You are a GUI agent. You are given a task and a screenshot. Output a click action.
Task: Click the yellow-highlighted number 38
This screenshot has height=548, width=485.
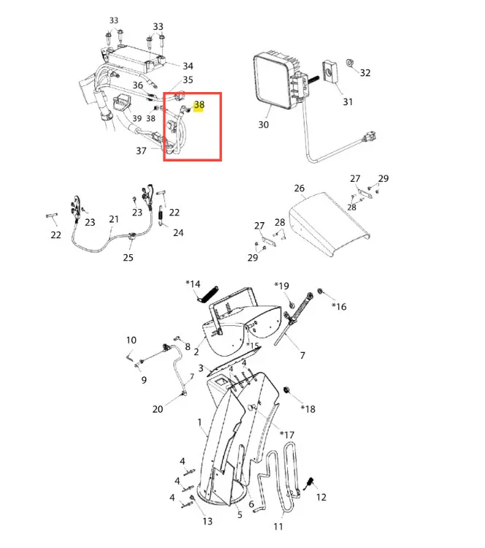click(199, 105)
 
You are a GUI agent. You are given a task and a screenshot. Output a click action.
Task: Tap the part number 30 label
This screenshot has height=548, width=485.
click(264, 125)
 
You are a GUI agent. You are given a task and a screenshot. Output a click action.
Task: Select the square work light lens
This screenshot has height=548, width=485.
click(272, 82)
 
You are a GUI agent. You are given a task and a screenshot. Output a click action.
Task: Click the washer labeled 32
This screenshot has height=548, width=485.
click(349, 63)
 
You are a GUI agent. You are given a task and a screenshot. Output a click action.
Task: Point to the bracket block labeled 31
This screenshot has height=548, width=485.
click(330, 72)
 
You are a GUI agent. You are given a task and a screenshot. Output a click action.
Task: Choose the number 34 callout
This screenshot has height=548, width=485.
click(188, 66)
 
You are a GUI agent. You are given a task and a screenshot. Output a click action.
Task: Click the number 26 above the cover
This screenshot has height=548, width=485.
click(299, 189)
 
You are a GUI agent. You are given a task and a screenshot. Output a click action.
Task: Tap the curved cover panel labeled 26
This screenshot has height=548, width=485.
click(329, 224)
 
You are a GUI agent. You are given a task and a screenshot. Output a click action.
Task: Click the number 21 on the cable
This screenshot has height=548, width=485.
click(114, 219)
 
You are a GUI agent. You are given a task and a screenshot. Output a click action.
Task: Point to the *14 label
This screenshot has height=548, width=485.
click(193, 284)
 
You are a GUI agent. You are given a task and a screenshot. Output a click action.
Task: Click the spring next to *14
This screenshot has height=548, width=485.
click(207, 294)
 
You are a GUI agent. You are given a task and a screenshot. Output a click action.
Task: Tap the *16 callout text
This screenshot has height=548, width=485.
click(339, 307)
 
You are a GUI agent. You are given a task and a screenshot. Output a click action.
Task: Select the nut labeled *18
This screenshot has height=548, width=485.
click(286, 390)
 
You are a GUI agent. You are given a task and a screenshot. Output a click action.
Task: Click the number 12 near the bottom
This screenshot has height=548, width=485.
click(321, 498)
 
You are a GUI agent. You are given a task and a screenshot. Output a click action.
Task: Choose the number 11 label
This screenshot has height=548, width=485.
click(278, 526)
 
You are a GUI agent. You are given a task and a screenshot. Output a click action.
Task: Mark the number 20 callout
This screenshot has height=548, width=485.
click(158, 409)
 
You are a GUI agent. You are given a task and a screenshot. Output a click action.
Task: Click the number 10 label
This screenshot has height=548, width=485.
click(131, 340)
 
